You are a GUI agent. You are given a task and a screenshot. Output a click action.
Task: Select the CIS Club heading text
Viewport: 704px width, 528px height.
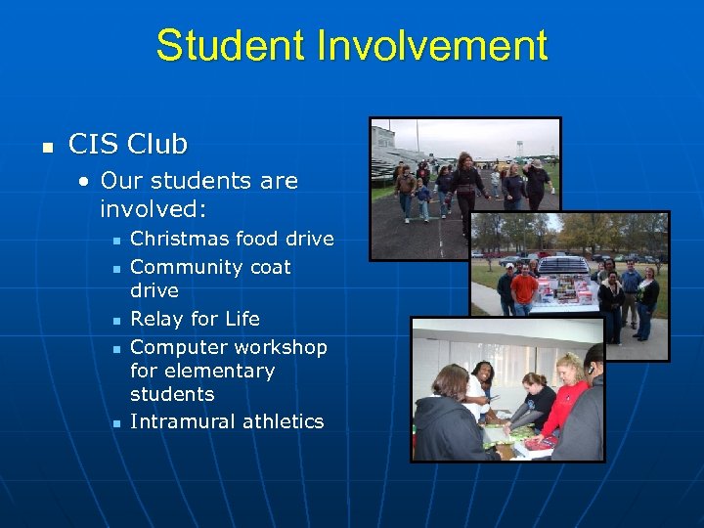pyautogui.click(x=127, y=145)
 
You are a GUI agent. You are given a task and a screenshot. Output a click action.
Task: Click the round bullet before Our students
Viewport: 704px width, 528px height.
pyautogui.click(x=86, y=182)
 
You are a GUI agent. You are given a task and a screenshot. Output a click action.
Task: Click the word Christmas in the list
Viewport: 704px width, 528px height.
pyautogui.click(x=178, y=239)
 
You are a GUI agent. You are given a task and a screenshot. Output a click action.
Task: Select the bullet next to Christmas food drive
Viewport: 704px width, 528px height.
pyautogui.click(x=116, y=241)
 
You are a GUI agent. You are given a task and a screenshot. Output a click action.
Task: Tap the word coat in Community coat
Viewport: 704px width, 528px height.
pyautogui.click(x=268, y=267)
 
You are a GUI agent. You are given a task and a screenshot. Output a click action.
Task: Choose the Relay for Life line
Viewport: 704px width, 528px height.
pyautogui.click(x=195, y=319)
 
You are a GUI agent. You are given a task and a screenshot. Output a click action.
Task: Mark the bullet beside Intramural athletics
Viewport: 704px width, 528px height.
pyautogui.click(x=116, y=423)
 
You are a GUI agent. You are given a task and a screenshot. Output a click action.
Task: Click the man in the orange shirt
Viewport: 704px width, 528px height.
pyautogui.click(x=524, y=287)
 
